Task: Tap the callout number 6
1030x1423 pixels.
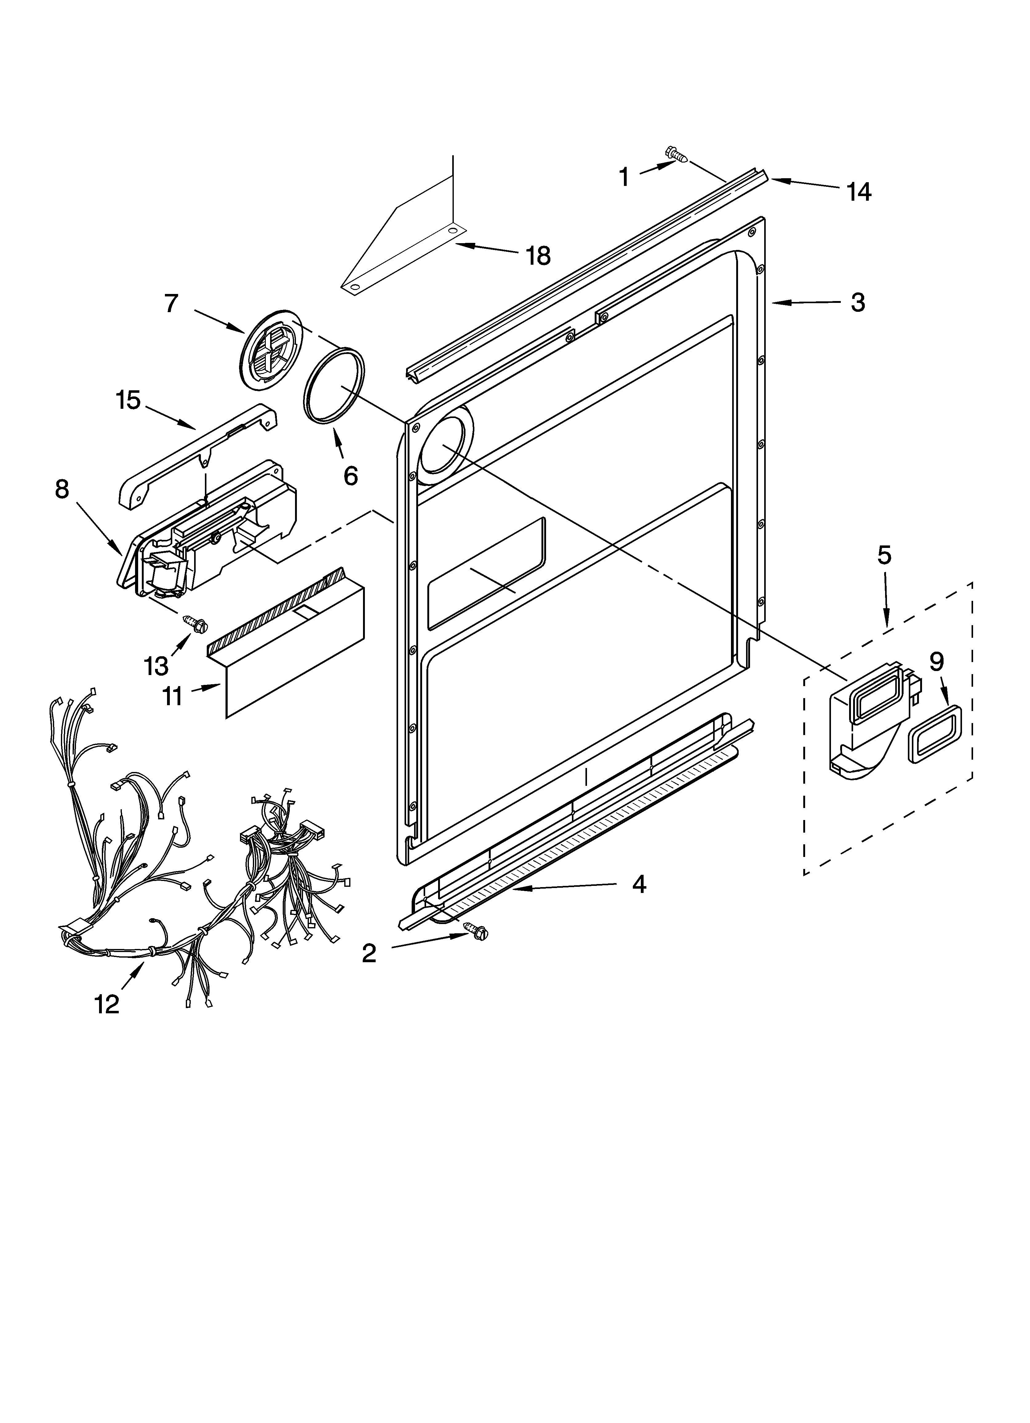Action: pos(350,476)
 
